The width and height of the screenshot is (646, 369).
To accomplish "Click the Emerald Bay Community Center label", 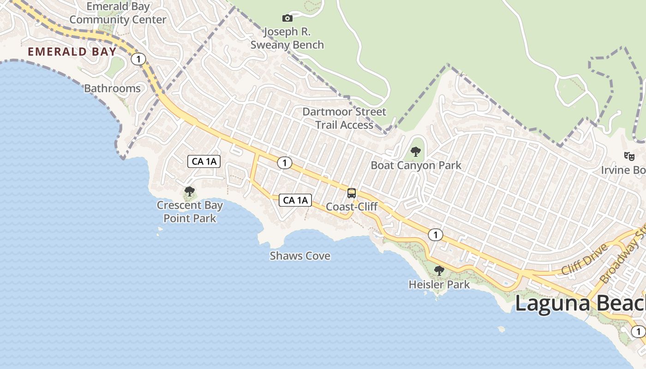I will tap(118, 13).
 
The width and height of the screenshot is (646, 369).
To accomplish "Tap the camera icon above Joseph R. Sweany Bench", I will tap(287, 18).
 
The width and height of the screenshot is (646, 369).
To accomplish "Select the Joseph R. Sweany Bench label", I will tap(287, 39).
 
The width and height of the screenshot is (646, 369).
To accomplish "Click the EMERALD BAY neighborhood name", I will tap(72, 52).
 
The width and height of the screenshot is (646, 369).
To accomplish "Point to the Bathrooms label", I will tap(112, 89).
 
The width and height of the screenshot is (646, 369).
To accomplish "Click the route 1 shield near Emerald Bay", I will tap(138, 59).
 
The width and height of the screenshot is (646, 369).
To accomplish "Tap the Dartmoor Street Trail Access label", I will tap(344, 119).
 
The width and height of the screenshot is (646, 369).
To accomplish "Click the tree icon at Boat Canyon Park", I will tap(416, 151).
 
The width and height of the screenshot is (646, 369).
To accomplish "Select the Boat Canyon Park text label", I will tap(416, 166).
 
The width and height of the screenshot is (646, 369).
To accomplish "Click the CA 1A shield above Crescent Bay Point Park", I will tap(204, 161).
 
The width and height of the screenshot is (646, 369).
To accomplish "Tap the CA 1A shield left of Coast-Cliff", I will tap(295, 200).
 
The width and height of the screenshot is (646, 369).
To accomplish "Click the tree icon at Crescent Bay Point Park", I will tap(189, 191).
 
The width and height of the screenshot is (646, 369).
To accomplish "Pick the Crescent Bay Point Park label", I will tap(190, 212).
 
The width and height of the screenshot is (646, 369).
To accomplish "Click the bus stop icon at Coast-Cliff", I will tap(352, 193).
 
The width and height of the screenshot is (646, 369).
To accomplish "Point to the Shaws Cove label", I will tap(300, 256).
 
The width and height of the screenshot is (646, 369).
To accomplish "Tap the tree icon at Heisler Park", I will tap(439, 271).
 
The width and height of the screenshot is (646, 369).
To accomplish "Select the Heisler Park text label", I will tap(439, 285).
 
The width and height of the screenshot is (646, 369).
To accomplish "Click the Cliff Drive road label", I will tap(585, 261).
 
